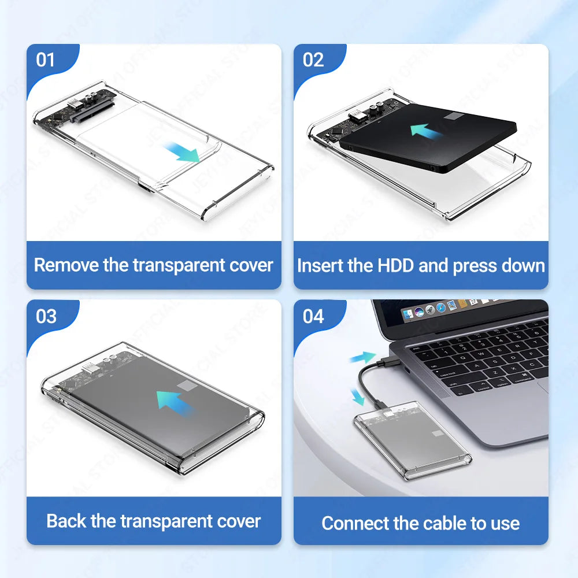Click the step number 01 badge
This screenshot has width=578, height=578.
point(46,60)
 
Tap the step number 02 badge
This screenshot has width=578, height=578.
point(313,60)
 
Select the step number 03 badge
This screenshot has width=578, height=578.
point(46,316)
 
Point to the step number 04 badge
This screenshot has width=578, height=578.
point(313,316)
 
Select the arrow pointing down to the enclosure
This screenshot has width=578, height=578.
point(359,397)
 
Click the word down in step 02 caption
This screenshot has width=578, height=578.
point(524,266)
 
